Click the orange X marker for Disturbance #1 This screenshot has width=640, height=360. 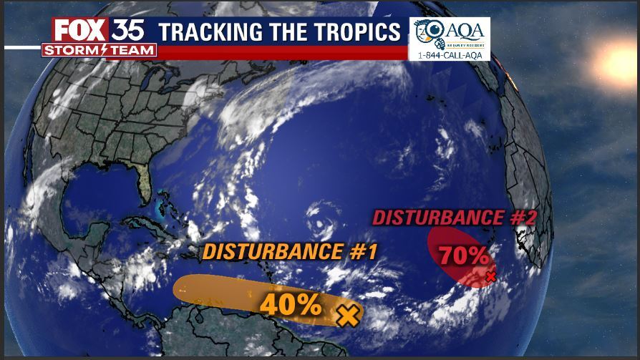[x=347, y=314]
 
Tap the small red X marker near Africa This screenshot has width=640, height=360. [x=490, y=276]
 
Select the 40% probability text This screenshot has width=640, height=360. [x=290, y=305]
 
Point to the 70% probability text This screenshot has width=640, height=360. [x=464, y=255]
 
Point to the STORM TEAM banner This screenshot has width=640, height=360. [x=100, y=50]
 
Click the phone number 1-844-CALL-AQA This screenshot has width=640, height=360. [x=450, y=54]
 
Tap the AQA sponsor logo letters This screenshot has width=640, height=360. [x=465, y=29]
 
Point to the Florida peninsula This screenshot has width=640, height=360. [x=145, y=183]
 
